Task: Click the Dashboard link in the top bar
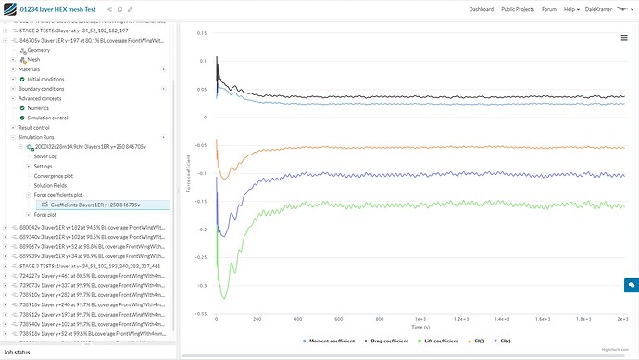pos(481,8)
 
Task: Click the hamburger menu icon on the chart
pos(624,38)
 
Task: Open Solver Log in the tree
pos(46,156)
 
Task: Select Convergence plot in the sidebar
pos(52,176)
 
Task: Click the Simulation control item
pos(47,118)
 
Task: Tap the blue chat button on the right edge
pos(630,286)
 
